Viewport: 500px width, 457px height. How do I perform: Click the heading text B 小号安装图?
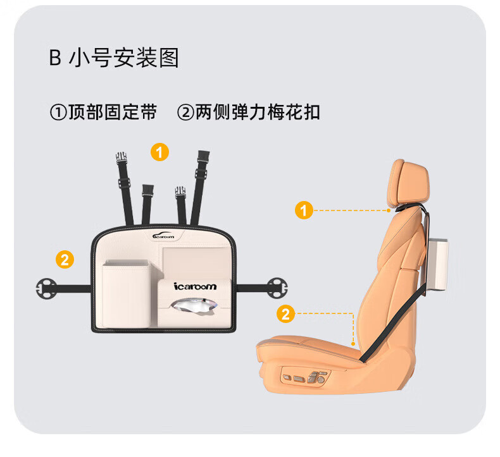click(114, 58)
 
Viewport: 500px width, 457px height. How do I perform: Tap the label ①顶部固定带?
click(103, 113)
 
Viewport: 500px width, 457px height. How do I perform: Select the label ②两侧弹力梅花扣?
click(249, 113)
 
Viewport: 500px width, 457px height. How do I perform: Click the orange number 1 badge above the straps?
click(159, 152)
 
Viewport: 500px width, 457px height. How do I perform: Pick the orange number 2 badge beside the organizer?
click(65, 259)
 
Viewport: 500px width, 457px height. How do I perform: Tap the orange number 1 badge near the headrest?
click(304, 210)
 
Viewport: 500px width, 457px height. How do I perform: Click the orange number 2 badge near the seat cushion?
click(286, 313)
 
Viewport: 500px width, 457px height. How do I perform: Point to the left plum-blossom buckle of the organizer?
click(47, 288)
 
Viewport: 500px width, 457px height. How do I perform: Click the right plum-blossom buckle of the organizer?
click(276, 288)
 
